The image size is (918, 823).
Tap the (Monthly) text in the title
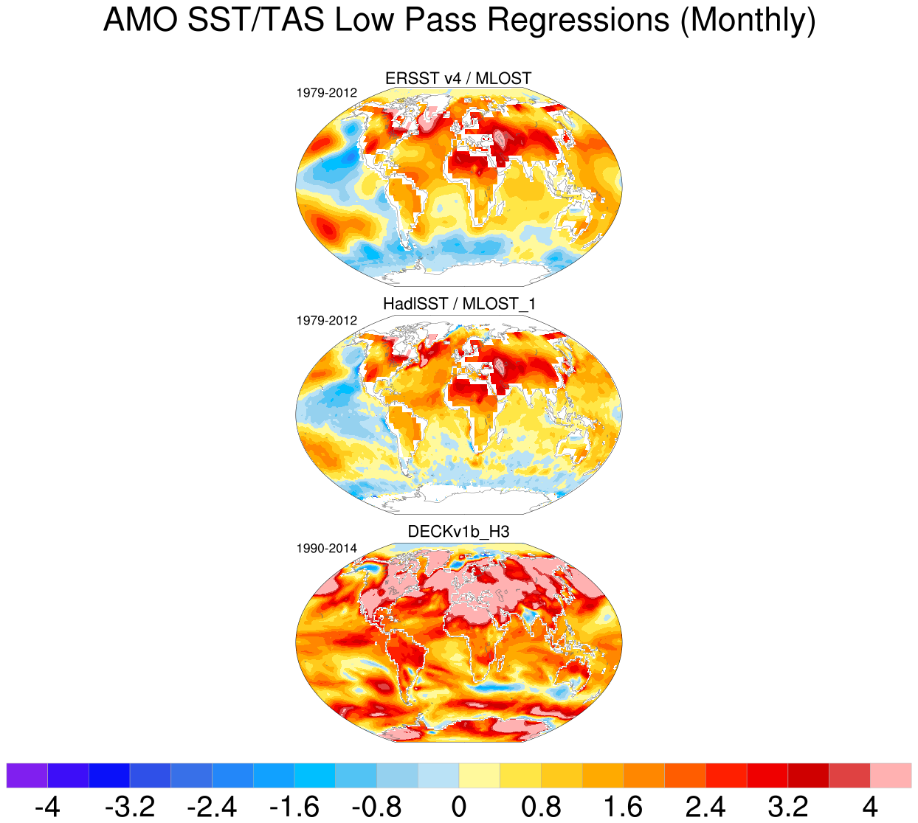point(748,21)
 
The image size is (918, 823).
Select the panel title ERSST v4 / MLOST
point(458,79)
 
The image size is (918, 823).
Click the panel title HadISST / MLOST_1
point(458,304)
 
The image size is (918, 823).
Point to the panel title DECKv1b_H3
point(458,532)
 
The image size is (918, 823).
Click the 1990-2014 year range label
point(327,549)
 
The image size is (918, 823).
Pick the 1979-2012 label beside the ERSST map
point(327,93)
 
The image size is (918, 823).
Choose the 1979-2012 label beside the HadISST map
point(327,321)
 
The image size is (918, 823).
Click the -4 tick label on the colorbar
point(47,806)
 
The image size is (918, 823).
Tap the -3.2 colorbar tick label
point(130,806)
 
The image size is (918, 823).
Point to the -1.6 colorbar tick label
point(294,806)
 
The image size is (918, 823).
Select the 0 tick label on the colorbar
point(459,806)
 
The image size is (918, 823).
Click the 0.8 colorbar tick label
point(541,806)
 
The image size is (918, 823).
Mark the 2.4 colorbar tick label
point(705,806)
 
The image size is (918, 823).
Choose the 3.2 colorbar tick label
point(787,806)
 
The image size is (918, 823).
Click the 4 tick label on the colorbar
point(870,806)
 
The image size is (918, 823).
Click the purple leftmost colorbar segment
point(27,776)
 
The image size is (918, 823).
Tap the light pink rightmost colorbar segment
point(891,776)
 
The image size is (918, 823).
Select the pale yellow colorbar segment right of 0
point(479,776)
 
